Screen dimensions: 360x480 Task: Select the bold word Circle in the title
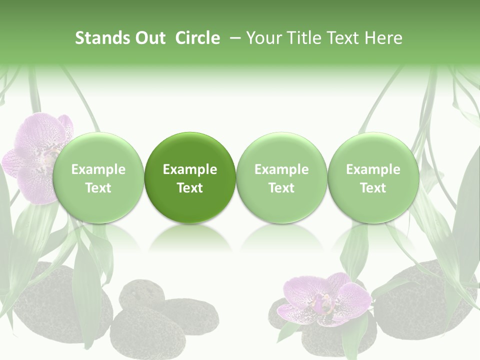point(197,38)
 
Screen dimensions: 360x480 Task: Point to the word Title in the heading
point(302,38)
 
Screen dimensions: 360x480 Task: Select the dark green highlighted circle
point(190,177)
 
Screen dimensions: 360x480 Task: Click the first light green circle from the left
point(98,177)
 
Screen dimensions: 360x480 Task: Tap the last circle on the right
point(373,177)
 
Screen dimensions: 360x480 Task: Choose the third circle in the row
point(281,177)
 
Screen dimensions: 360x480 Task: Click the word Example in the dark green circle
point(190,169)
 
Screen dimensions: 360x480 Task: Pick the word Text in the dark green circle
point(190,188)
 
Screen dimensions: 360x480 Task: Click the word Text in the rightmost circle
point(373,188)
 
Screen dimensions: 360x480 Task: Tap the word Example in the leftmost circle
point(98,169)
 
